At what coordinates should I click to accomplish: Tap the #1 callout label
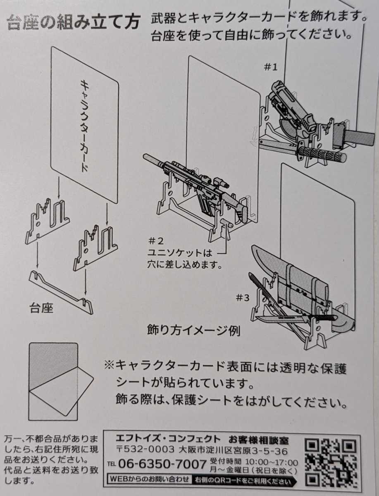point(272,67)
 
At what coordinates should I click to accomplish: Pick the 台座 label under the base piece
point(41,308)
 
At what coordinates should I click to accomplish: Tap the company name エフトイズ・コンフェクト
point(168,439)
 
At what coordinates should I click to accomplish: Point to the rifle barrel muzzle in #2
point(146,157)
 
